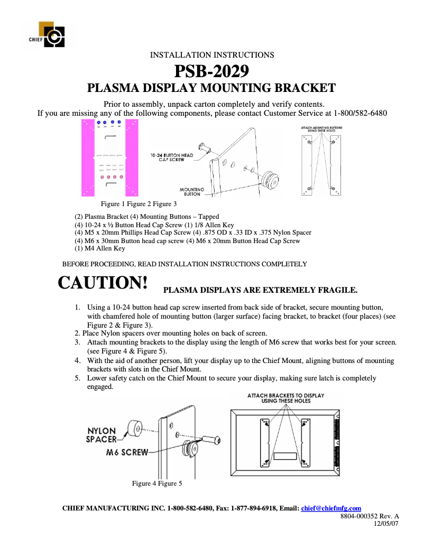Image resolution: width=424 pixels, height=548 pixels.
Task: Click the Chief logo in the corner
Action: [51, 34]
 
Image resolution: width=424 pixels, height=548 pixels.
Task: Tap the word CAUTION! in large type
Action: [103, 283]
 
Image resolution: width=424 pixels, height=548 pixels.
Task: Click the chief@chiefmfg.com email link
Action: [331, 508]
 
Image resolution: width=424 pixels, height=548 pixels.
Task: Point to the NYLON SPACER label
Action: [102, 435]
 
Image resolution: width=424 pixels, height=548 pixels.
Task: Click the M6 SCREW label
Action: [127, 452]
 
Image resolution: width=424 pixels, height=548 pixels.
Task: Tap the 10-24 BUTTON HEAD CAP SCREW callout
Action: [172, 157]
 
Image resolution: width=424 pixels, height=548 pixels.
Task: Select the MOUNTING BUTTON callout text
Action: [191, 192]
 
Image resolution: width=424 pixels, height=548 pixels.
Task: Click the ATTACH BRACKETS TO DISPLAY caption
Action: [285, 398]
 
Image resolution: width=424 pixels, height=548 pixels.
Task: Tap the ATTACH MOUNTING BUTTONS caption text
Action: [321, 129]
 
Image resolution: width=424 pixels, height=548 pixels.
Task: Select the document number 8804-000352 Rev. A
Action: [369, 516]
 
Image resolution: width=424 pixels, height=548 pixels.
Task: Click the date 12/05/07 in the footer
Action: [386, 523]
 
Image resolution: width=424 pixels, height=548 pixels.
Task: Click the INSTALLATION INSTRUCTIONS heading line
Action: [212, 55]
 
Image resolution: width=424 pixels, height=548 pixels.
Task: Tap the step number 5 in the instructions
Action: [77, 378]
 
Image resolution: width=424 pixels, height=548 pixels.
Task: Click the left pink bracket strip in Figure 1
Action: [87, 157]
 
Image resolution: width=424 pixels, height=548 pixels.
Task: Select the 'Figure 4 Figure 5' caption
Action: [156, 483]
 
